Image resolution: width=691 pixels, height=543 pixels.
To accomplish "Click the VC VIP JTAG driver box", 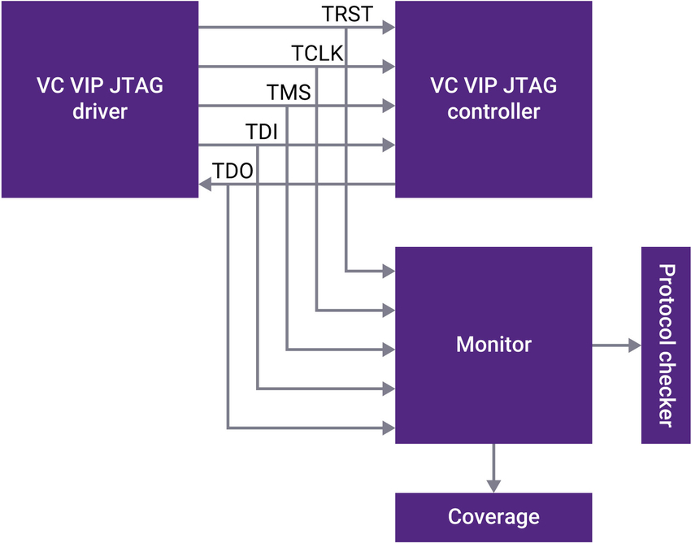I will coord(99,99).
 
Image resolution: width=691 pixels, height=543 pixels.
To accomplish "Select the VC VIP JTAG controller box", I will coord(493,99).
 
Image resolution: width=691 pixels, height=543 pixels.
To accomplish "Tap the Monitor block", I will coord(493,345).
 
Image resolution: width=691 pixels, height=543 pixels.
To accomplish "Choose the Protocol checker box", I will coord(666,345).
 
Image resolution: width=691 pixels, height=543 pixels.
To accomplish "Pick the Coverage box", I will coord(493,517).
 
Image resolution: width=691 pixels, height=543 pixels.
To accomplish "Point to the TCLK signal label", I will coord(317,54).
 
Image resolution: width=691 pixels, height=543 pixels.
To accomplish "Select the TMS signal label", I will coord(289,93).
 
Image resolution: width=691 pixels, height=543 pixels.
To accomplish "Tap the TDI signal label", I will coord(261,132).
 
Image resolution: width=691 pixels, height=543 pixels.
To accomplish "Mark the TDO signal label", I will coord(233,171).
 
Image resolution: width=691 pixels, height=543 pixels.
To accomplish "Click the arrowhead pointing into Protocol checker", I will coord(635,345).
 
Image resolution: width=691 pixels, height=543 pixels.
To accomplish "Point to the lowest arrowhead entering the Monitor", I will coord(389,427).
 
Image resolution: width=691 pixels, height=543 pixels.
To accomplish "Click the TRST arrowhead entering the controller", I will coord(389,28).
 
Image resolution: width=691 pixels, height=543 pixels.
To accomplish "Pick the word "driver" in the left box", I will coord(99,111).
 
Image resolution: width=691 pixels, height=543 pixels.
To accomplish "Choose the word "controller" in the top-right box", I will coord(493,111).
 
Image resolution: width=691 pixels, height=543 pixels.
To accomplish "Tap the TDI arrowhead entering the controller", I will coord(389,146).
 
